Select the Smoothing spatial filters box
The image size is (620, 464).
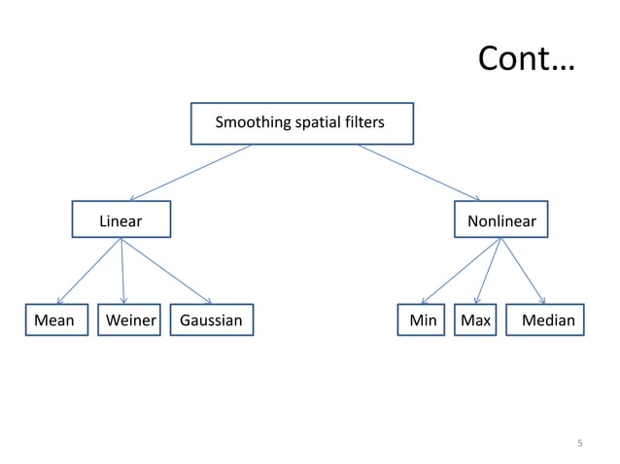pyautogui.click(x=301, y=123)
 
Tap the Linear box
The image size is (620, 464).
pyautogui.click(x=121, y=220)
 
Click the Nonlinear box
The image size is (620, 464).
pyautogui.click(x=501, y=220)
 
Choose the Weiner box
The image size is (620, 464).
pyautogui.click(x=129, y=320)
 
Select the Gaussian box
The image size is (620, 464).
pyautogui.click(x=211, y=320)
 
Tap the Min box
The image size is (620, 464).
pyautogui.click(x=422, y=320)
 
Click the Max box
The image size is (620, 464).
pyautogui.click(x=475, y=320)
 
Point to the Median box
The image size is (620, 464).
pyautogui.click(x=547, y=320)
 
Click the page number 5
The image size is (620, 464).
pyautogui.click(x=580, y=444)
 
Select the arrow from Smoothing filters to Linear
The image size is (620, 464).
pyautogui.click(x=189, y=173)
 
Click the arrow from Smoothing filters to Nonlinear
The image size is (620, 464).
pyautogui.click(x=418, y=173)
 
